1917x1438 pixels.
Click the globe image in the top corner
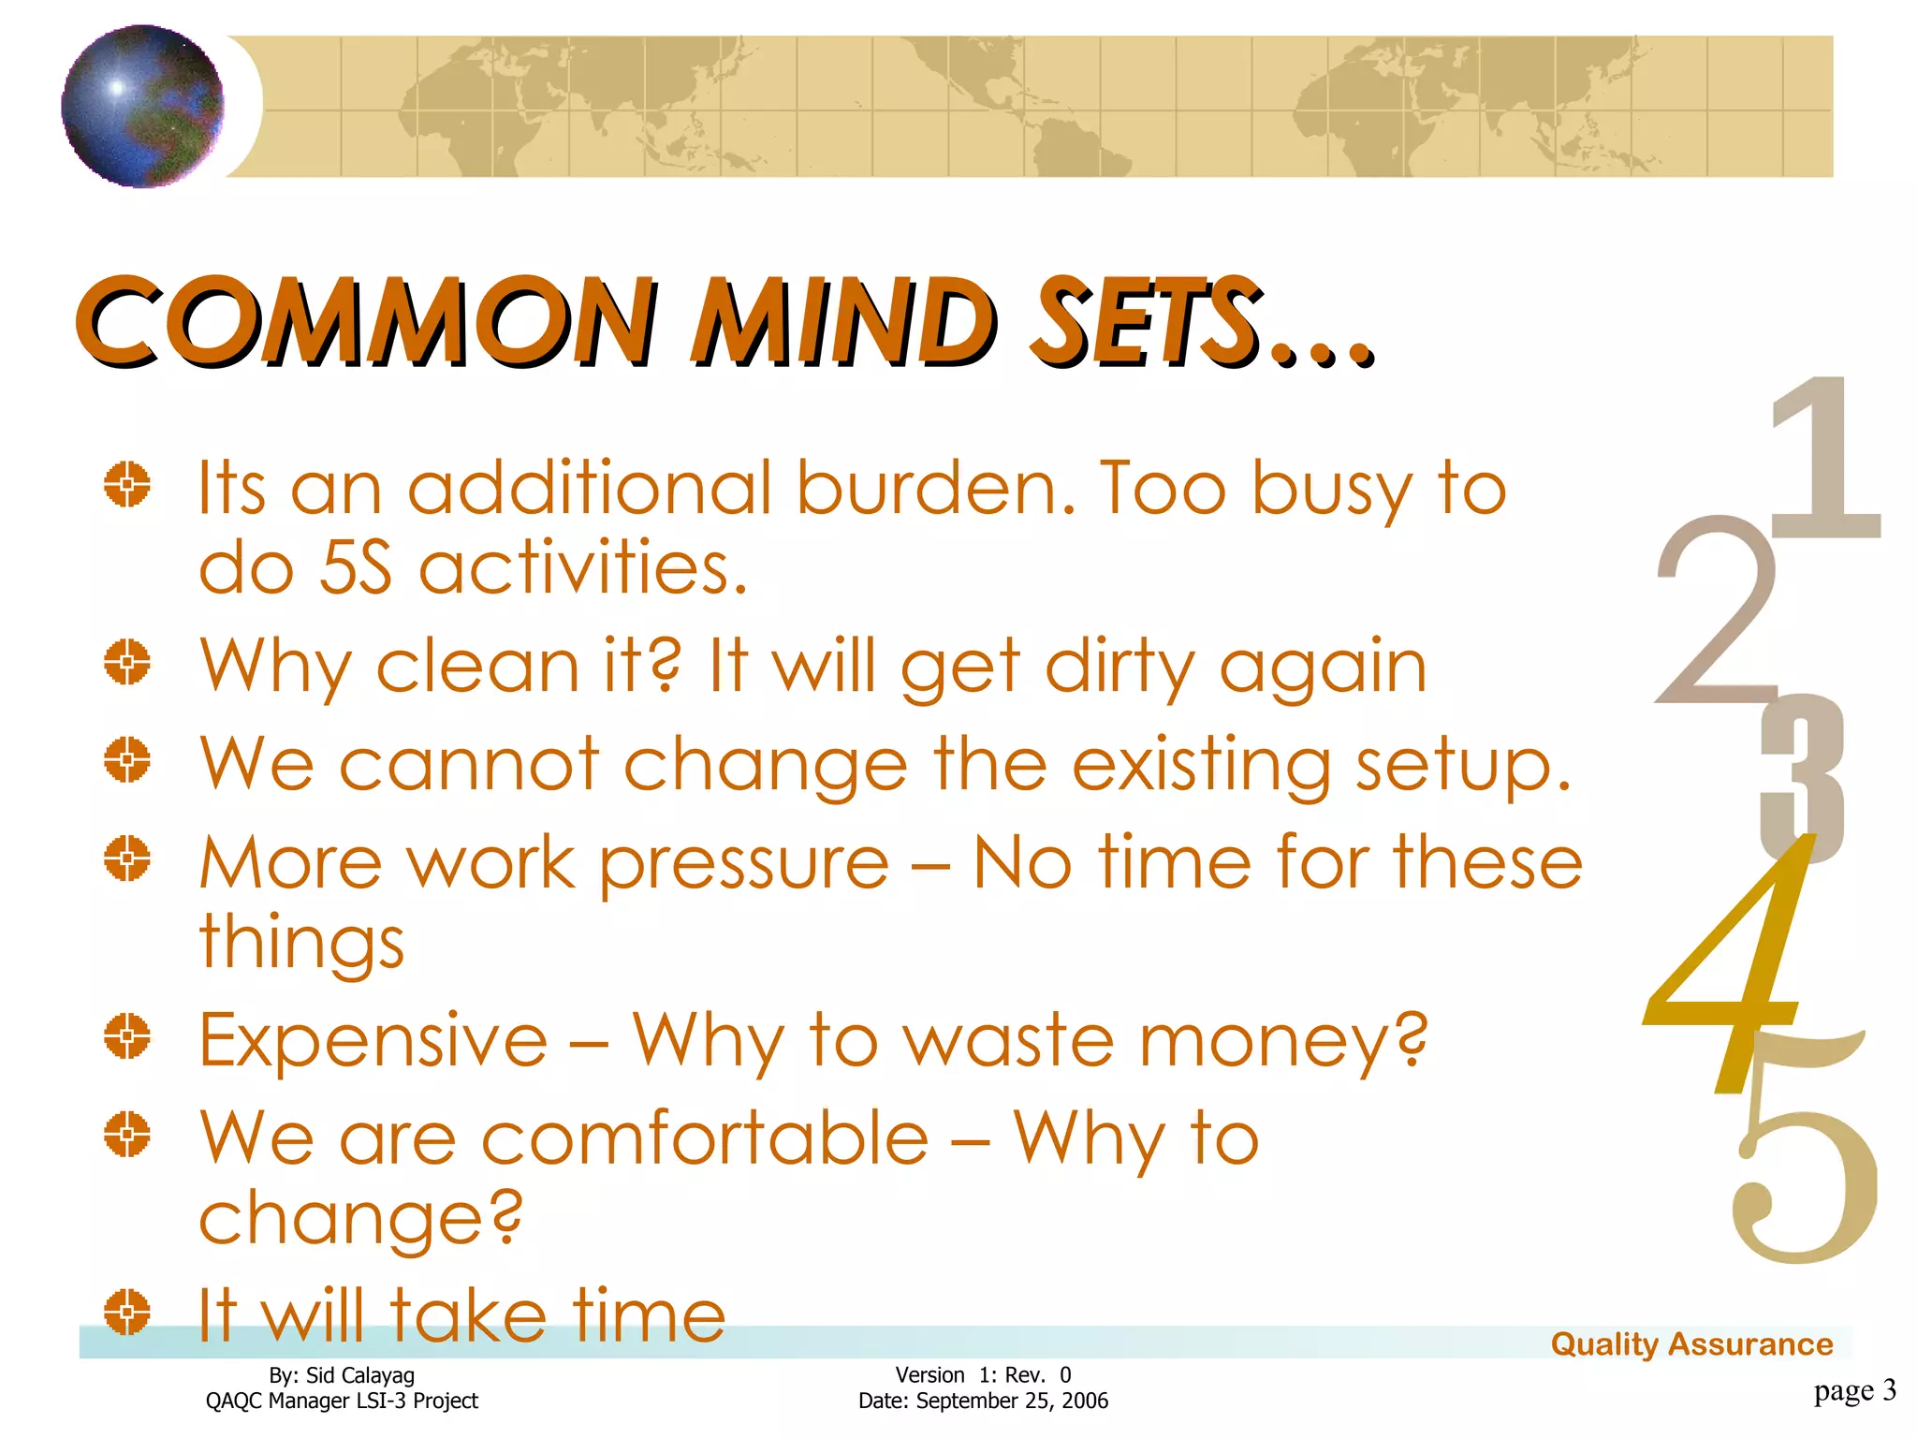point(143,106)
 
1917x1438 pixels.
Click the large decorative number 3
point(1802,777)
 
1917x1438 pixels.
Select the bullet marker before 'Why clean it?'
point(127,663)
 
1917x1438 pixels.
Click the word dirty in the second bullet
point(1119,667)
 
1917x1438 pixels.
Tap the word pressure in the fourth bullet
point(744,864)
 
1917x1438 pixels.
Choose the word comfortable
point(705,1138)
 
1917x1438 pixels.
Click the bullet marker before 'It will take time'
point(127,1312)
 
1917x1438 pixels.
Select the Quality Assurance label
point(1691,1344)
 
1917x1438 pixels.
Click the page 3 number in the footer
point(1854,1390)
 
